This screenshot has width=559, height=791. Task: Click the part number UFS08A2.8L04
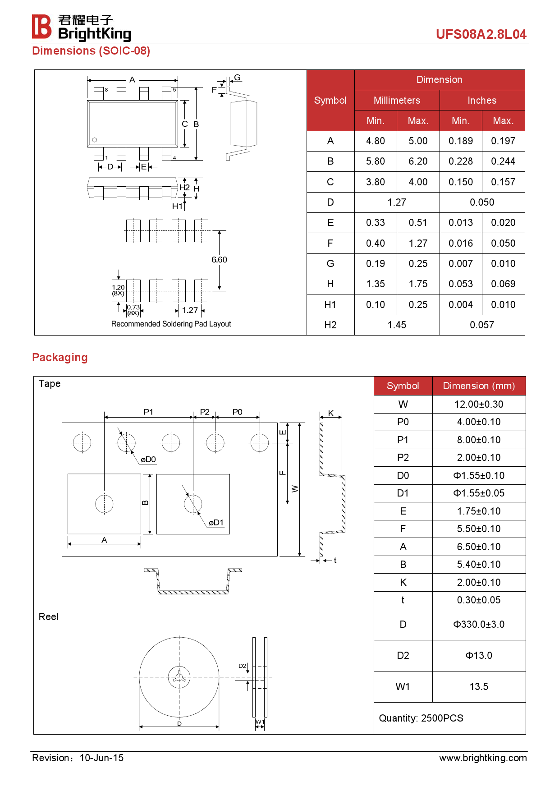coord(481,34)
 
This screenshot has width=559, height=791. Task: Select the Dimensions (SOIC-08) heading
coord(91,51)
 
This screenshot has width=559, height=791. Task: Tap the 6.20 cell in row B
coord(418,161)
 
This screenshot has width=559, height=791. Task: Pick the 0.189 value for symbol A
coord(460,141)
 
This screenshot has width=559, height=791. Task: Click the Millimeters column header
coord(397,101)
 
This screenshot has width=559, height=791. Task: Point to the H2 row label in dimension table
coord(330,325)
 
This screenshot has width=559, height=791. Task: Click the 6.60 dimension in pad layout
coord(219,260)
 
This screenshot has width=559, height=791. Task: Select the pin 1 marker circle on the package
coord(95,140)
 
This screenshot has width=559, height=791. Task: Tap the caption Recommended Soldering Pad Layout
coord(171,324)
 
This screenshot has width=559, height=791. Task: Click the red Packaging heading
coord(60,358)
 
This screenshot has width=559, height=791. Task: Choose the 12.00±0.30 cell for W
coord(479,405)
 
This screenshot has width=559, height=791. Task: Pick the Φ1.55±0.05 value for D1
coord(479,493)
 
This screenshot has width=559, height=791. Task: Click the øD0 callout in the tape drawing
coord(148,460)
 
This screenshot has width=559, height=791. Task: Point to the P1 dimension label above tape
coord(148,412)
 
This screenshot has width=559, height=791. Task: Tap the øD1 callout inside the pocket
coord(216,523)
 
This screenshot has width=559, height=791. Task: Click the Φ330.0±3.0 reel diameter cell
coord(479,625)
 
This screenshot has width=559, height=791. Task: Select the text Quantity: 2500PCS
coord(421,718)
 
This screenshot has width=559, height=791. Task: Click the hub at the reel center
coord(179,677)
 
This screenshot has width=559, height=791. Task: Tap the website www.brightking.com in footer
coord(483,758)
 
